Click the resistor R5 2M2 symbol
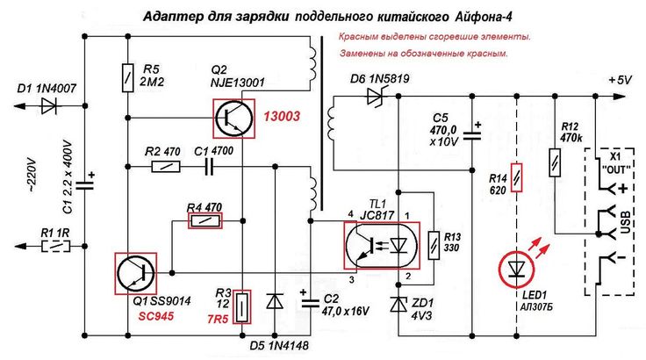pyautogui.click(x=128, y=76)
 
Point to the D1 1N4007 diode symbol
pyautogui.click(x=49, y=106)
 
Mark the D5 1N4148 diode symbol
pyautogui.click(x=276, y=301)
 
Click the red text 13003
pyautogui.click(x=278, y=118)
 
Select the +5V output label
pyautogui.click(x=620, y=80)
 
